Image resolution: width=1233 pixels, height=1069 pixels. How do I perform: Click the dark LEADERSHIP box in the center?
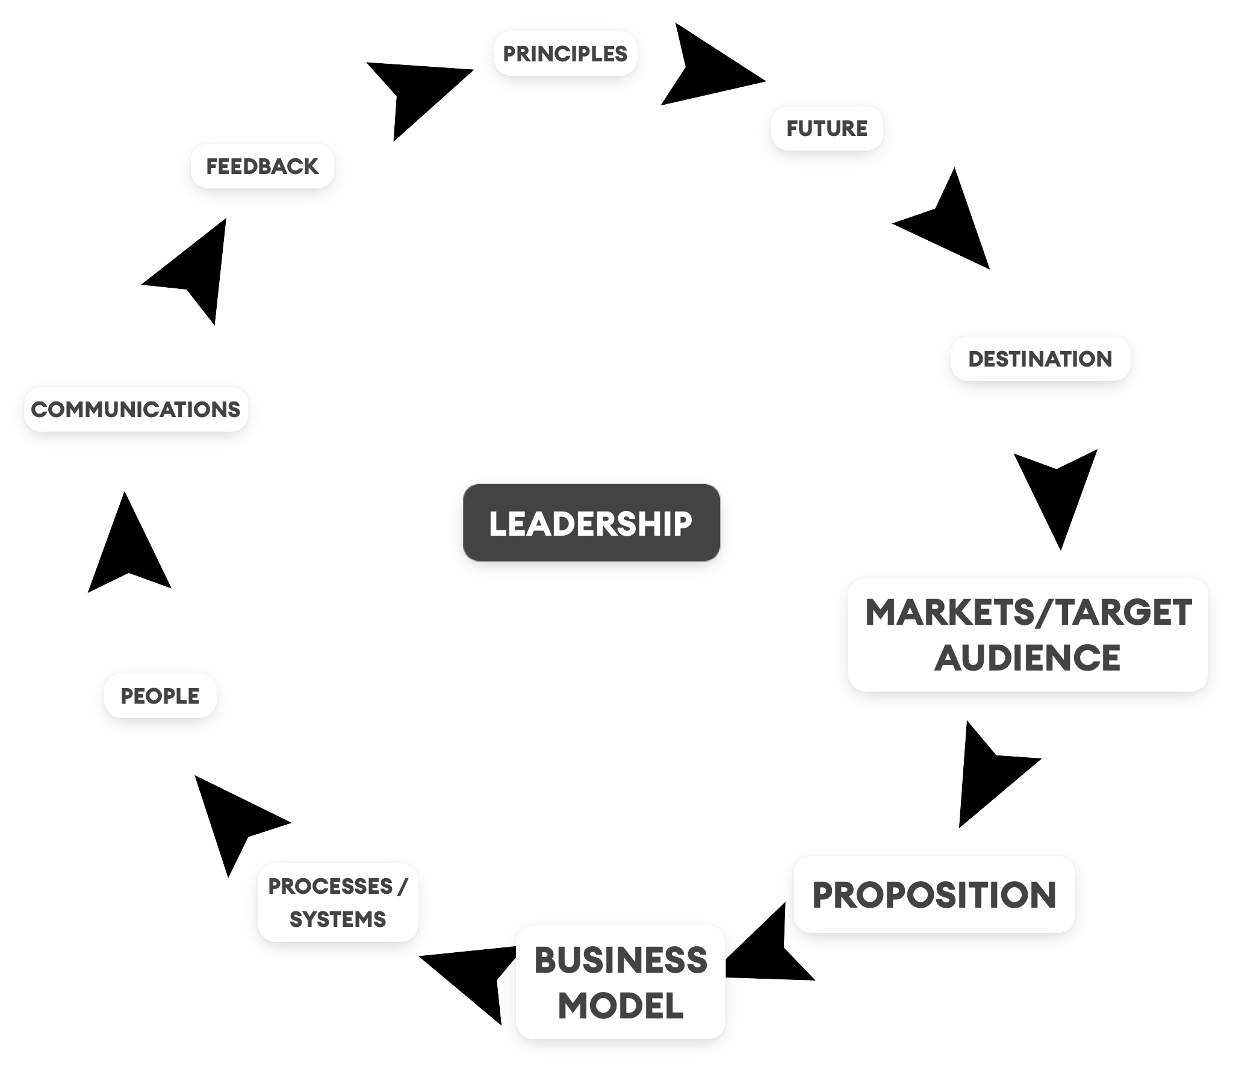(x=591, y=522)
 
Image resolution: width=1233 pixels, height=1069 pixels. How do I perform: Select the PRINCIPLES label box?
(x=565, y=54)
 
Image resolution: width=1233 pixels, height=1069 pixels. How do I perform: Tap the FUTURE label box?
(x=827, y=128)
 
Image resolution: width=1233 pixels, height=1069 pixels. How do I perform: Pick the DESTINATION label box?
(x=1040, y=359)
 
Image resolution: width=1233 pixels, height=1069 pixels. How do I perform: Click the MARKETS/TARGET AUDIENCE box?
(x=1028, y=634)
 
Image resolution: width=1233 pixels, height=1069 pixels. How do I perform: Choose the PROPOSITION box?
(x=934, y=894)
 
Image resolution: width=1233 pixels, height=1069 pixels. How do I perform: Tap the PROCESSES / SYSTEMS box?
(x=338, y=902)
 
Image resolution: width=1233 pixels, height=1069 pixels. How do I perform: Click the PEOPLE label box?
(x=160, y=696)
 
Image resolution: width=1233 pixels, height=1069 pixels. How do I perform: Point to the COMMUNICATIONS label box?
(x=135, y=409)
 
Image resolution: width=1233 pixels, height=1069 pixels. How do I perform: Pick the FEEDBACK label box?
(x=262, y=166)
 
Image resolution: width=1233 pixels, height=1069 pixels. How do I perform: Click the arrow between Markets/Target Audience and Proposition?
(x=987, y=773)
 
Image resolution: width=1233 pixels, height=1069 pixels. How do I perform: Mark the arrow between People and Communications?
(x=128, y=551)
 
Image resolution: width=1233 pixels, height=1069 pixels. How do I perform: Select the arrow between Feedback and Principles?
(x=415, y=93)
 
